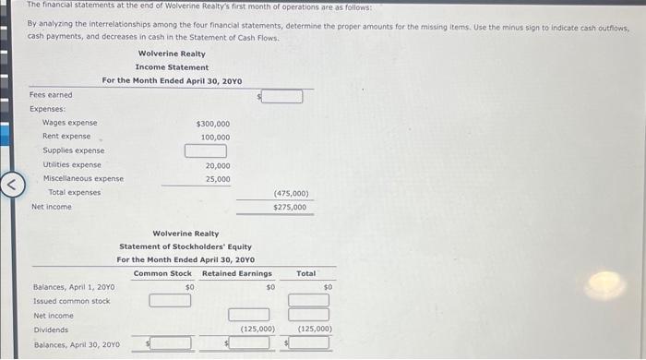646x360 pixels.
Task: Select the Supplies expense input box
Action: click(206, 150)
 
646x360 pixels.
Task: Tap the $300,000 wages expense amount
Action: click(213, 124)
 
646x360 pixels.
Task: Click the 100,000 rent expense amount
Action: click(216, 138)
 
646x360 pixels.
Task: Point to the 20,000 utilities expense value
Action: click(218, 165)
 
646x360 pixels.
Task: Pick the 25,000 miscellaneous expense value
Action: click(218, 179)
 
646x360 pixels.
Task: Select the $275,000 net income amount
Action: click(290, 208)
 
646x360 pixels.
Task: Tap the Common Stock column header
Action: click(162, 274)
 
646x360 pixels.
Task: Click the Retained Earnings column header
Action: click(237, 274)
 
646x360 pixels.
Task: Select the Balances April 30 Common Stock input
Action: click(171, 344)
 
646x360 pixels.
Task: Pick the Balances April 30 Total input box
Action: click(313, 344)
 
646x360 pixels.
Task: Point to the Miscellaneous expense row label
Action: click(83, 179)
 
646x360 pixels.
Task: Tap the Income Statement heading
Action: click(172, 67)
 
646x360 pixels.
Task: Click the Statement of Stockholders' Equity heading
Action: click(185, 247)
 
